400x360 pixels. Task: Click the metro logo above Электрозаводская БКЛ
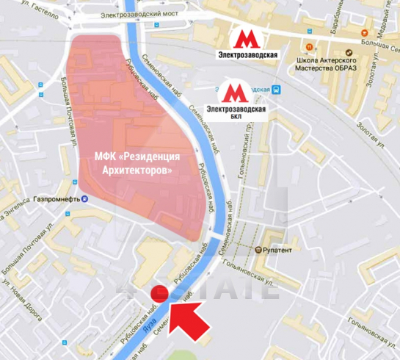[x=233, y=93]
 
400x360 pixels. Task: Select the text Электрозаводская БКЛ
[x=236, y=112]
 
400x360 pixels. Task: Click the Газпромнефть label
[x=56, y=199]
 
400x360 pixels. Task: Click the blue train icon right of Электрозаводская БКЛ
[x=277, y=90]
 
